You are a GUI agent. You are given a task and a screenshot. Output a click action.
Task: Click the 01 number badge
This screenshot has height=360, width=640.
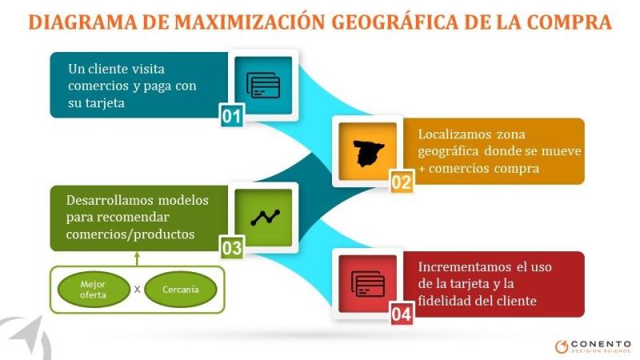(232, 115)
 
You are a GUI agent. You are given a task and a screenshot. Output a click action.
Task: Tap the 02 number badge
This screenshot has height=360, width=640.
(402, 182)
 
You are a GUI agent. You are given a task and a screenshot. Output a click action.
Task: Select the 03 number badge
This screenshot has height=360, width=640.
(232, 247)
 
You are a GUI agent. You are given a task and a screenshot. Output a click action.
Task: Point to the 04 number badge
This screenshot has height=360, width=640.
(402, 314)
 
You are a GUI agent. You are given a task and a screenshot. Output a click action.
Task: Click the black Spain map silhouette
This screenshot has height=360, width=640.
(368, 153)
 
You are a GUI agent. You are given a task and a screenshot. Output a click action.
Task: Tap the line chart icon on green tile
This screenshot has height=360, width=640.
(266, 218)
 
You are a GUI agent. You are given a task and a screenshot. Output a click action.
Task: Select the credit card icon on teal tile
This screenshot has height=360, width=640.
(263, 86)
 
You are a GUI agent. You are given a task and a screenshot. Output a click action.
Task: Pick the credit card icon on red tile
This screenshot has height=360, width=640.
(368, 284)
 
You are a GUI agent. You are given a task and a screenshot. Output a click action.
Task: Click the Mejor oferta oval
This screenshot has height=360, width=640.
(94, 290)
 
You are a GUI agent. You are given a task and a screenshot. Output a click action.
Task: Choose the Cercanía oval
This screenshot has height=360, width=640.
(180, 290)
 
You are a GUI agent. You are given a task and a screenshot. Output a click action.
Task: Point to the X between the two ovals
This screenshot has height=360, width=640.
(137, 290)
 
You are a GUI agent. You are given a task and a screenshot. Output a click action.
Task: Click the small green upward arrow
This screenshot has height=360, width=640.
(137, 258)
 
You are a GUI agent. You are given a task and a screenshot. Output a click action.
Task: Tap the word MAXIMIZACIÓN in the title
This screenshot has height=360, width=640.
(250, 22)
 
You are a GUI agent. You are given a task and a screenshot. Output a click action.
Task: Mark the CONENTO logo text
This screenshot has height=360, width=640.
(602, 344)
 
